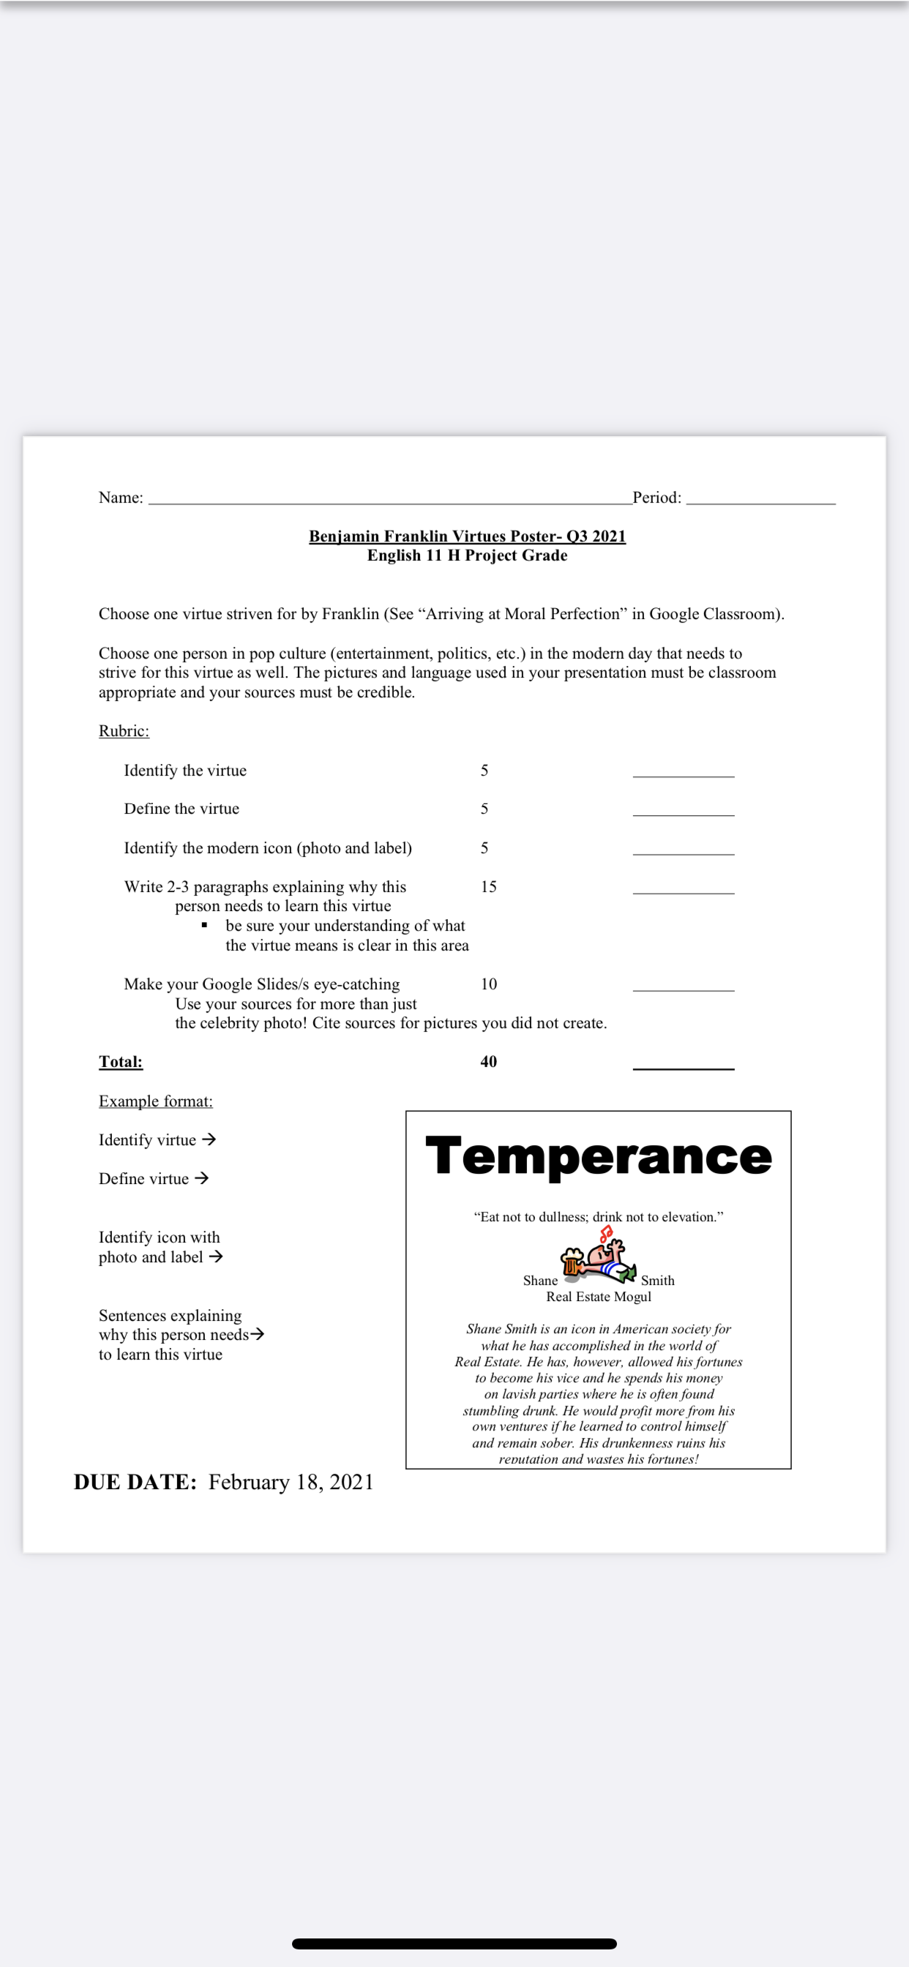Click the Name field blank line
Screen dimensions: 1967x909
(389, 501)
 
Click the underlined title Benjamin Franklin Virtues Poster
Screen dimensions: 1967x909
(467, 536)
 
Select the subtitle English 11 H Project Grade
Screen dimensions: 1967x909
(467, 555)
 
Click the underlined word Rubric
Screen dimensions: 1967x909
(124, 731)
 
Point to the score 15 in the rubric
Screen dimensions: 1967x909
(488, 886)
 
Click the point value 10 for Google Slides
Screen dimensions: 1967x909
(488, 983)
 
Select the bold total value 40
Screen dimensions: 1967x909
(488, 1061)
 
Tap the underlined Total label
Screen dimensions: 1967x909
(121, 1061)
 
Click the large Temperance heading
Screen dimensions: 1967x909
(598, 1156)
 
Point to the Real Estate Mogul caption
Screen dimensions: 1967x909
(598, 1297)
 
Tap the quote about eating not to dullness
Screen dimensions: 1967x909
(598, 1216)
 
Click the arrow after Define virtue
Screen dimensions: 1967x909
(202, 1178)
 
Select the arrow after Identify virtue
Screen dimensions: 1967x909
(209, 1139)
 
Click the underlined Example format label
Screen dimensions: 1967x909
(156, 1101)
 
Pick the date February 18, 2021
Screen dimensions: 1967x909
(291, 1482)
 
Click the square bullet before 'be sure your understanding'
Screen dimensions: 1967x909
(205, 926)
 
